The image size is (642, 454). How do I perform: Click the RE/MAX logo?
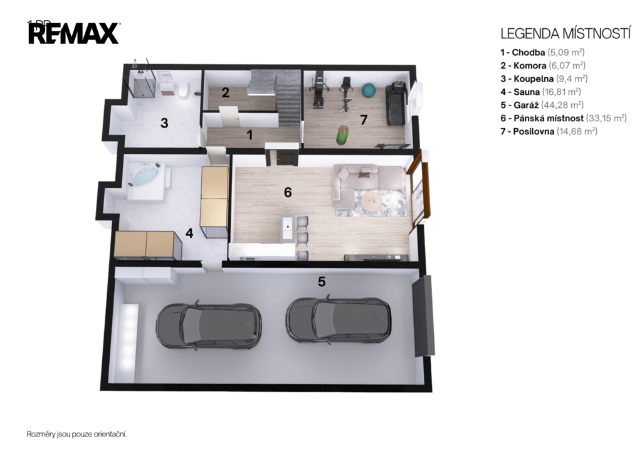pos(74,33)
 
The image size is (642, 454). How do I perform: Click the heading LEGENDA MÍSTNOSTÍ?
pos(566,34)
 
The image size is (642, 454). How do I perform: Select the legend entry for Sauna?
pos(540,92)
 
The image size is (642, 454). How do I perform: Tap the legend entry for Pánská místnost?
pos(564,118)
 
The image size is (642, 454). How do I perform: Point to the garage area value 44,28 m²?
pos(562,105)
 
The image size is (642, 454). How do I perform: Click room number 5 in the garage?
pos(322,282)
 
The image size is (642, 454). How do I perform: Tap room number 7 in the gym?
pos(364,120)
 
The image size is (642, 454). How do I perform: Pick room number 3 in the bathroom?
pos(164,123)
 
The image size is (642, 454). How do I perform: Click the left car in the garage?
pos(209,327)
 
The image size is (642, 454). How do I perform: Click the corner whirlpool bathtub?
pos(147,181)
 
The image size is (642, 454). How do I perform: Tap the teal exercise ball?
pos(369,90)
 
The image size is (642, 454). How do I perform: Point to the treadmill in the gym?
pos(396,104)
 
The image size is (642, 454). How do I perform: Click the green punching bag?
pos(342,136)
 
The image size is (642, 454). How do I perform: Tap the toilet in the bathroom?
pos(183,89)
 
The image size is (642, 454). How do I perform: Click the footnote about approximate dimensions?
pos(76,434)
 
